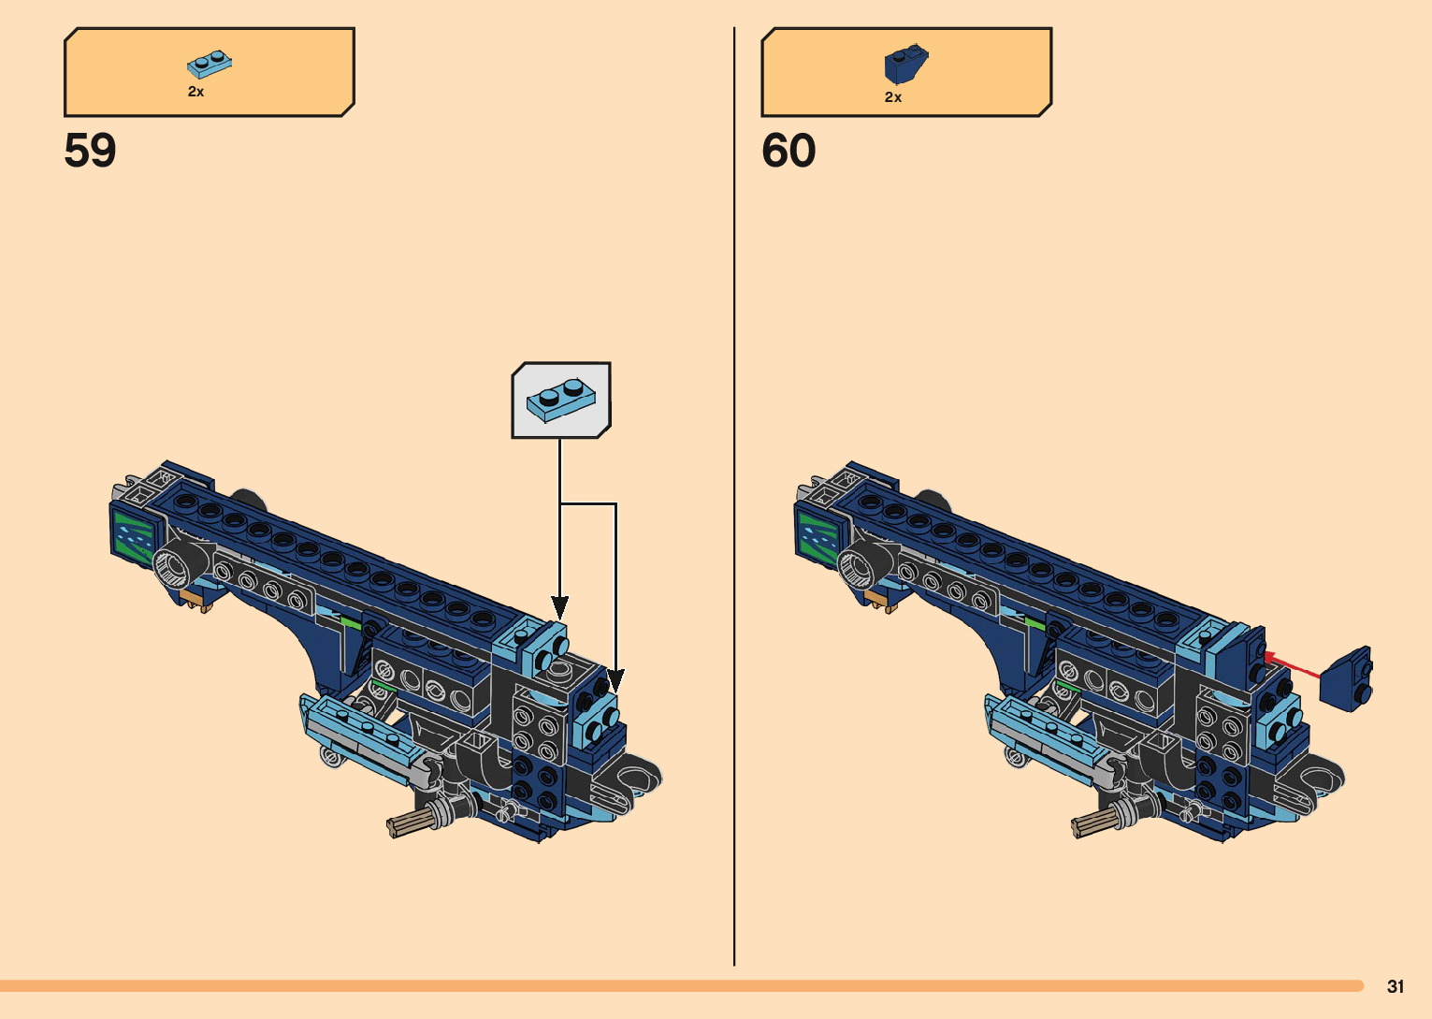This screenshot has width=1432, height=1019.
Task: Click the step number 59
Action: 90,151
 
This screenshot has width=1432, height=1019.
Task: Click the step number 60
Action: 788,151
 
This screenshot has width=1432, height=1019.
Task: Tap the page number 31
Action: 1396,986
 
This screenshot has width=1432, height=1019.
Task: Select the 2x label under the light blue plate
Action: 195,92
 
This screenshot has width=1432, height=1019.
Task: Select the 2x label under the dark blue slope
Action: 893,97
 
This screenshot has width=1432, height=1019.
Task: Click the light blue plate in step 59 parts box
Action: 210,64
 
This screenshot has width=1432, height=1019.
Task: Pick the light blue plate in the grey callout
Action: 561,399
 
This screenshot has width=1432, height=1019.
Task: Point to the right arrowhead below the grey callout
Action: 615,680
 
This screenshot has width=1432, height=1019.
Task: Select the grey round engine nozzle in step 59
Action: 173,566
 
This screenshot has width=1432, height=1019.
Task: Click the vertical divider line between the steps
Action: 734,496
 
